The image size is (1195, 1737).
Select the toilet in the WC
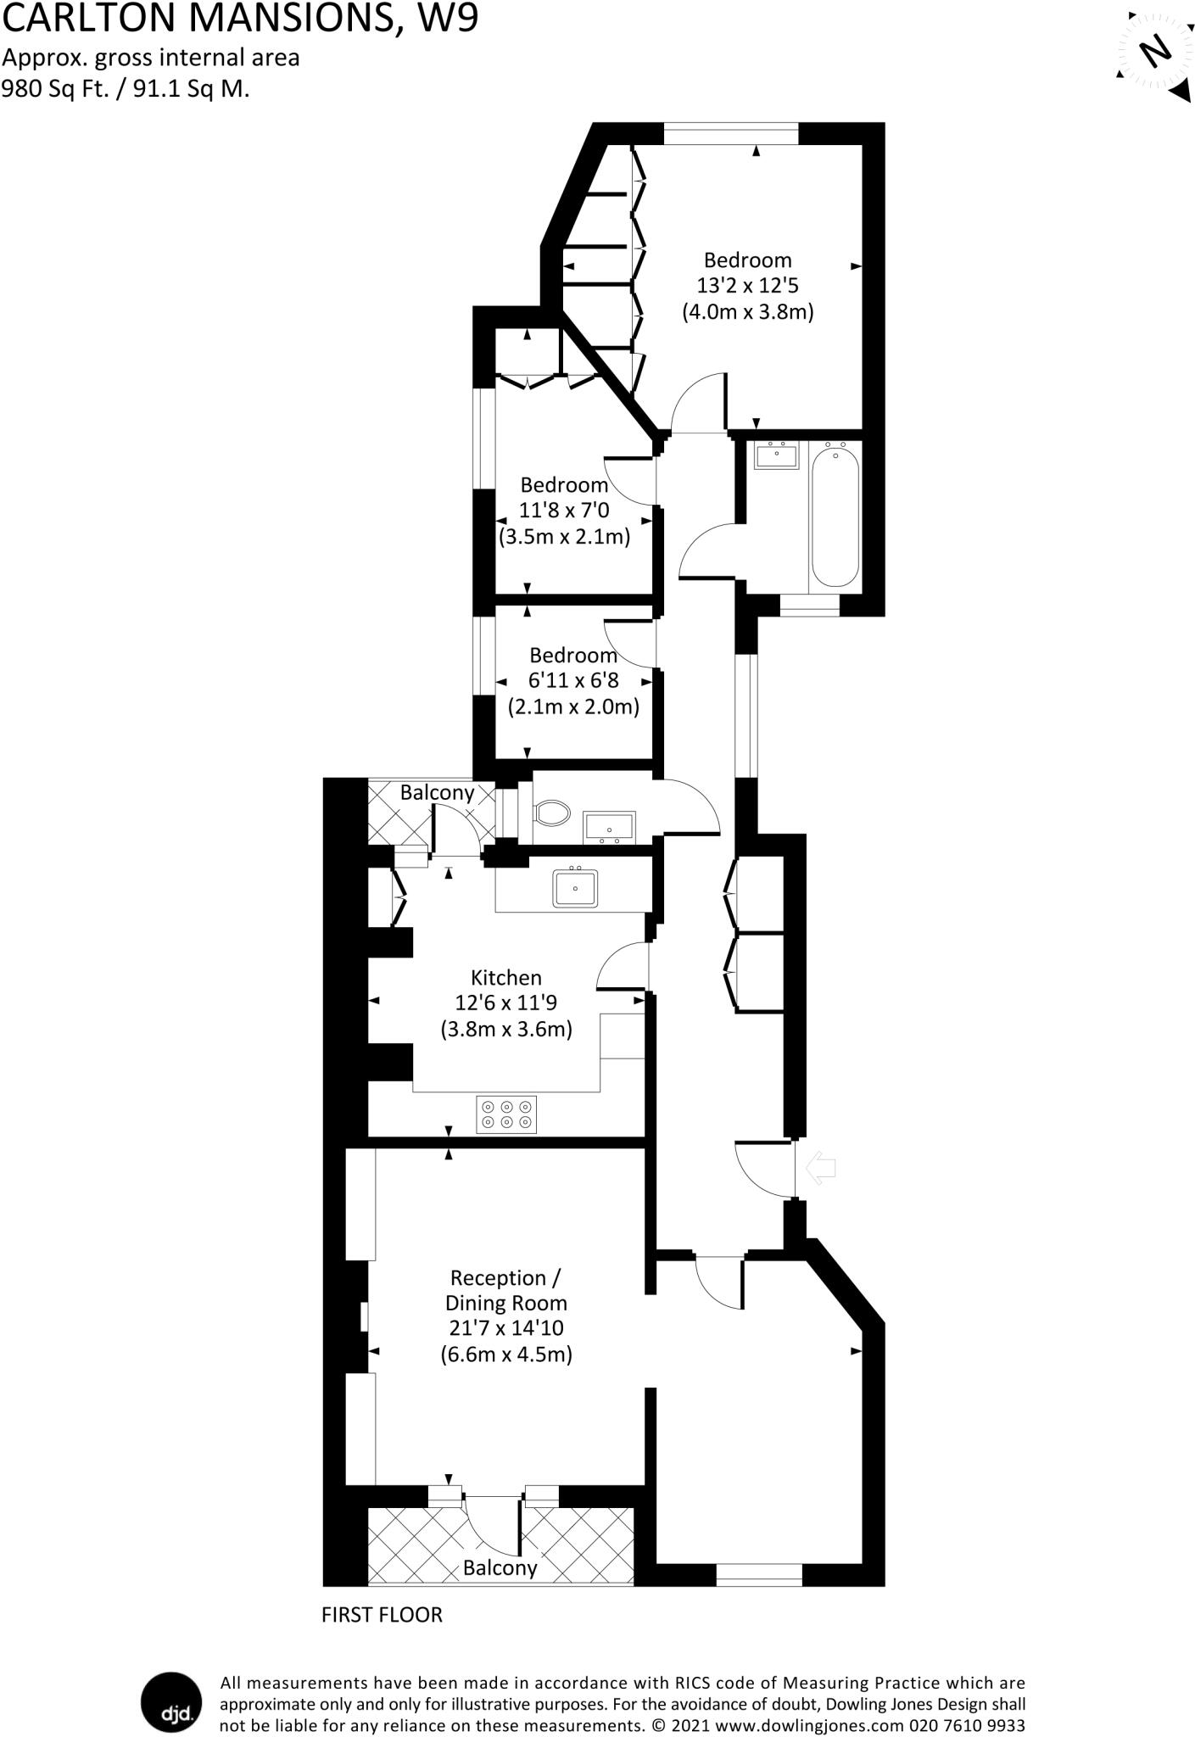552,813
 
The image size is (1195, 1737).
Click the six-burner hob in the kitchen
506,1114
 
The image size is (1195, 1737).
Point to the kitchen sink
575,888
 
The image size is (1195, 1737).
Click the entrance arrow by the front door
819,1168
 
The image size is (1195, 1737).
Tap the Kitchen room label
506,977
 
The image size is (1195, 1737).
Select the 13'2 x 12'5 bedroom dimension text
747,286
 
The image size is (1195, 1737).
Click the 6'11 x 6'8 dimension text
573,680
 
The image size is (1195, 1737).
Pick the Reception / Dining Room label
506,1290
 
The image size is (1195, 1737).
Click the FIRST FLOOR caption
382,1614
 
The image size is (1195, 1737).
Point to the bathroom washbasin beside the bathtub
776,455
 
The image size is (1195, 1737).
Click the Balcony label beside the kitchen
437,792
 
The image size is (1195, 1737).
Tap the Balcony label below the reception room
500,1567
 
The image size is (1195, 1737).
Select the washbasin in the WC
609,826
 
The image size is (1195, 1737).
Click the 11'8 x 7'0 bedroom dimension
564,511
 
